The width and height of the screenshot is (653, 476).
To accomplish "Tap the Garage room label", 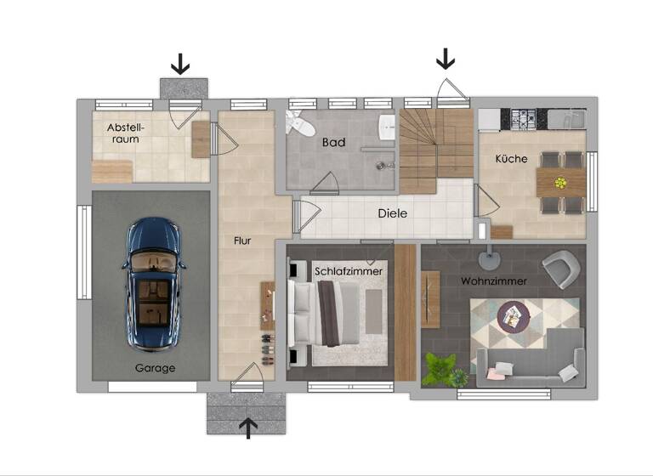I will click(155, 368).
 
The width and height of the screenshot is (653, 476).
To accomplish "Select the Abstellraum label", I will click(126, 133).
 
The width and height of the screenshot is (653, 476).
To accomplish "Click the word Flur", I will click(242, 241).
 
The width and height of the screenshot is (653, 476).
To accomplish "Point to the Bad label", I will click(333, 143).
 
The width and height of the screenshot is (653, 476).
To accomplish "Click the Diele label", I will click(393, 213).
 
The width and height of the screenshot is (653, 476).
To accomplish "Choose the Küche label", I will click(511, 159).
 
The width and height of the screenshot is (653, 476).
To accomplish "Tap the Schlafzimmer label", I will click(349, 270).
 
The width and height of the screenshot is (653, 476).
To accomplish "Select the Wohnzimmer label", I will click(494, 280).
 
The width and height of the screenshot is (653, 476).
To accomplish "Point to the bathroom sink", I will click(386, 127).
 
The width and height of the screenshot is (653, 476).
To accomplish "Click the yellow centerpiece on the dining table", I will click(560, 182).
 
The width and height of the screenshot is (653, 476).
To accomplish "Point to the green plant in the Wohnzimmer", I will click(441, 369).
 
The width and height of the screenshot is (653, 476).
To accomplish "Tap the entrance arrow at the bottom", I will click(248, 427).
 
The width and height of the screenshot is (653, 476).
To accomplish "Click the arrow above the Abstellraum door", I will click(179, 63).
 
